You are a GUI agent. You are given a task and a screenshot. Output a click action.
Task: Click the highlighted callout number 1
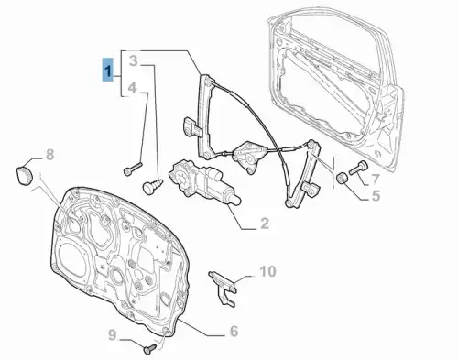click(x=107, y=70)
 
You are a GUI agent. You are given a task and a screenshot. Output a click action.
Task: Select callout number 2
click(x=264, y=224)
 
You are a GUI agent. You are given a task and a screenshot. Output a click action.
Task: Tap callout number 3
click(x=134, y=60)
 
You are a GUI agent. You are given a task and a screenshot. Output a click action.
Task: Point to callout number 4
click(x=132, y=87)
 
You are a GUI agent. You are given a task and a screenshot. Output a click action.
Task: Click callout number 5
click(x=376, y=195)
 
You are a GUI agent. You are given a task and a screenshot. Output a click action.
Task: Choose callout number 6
click(x=234, y=331)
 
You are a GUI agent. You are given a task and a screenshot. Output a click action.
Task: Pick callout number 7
click(x=376, y=180)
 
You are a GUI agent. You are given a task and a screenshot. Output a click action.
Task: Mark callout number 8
click(x=49, y=155)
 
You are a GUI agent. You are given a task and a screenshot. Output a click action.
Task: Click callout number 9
click(x=113, y=335)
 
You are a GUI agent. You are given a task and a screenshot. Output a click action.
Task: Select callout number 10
click(x=267, y=271)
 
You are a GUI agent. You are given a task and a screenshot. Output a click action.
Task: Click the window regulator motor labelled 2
click(x=203, y=182)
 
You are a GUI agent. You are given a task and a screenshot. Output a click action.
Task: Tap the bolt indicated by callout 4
click(x=133, y=169)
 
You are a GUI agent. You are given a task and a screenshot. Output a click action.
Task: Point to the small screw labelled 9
click(x=149, y=349)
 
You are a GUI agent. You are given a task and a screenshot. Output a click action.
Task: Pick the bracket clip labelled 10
click(x=224, y=288)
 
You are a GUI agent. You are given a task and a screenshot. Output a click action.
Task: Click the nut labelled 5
click(x=342, y=178)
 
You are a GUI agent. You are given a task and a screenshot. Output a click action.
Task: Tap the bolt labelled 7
click(x=358, y=167)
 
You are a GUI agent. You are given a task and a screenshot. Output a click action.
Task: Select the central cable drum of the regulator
click(x=249, y=155)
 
